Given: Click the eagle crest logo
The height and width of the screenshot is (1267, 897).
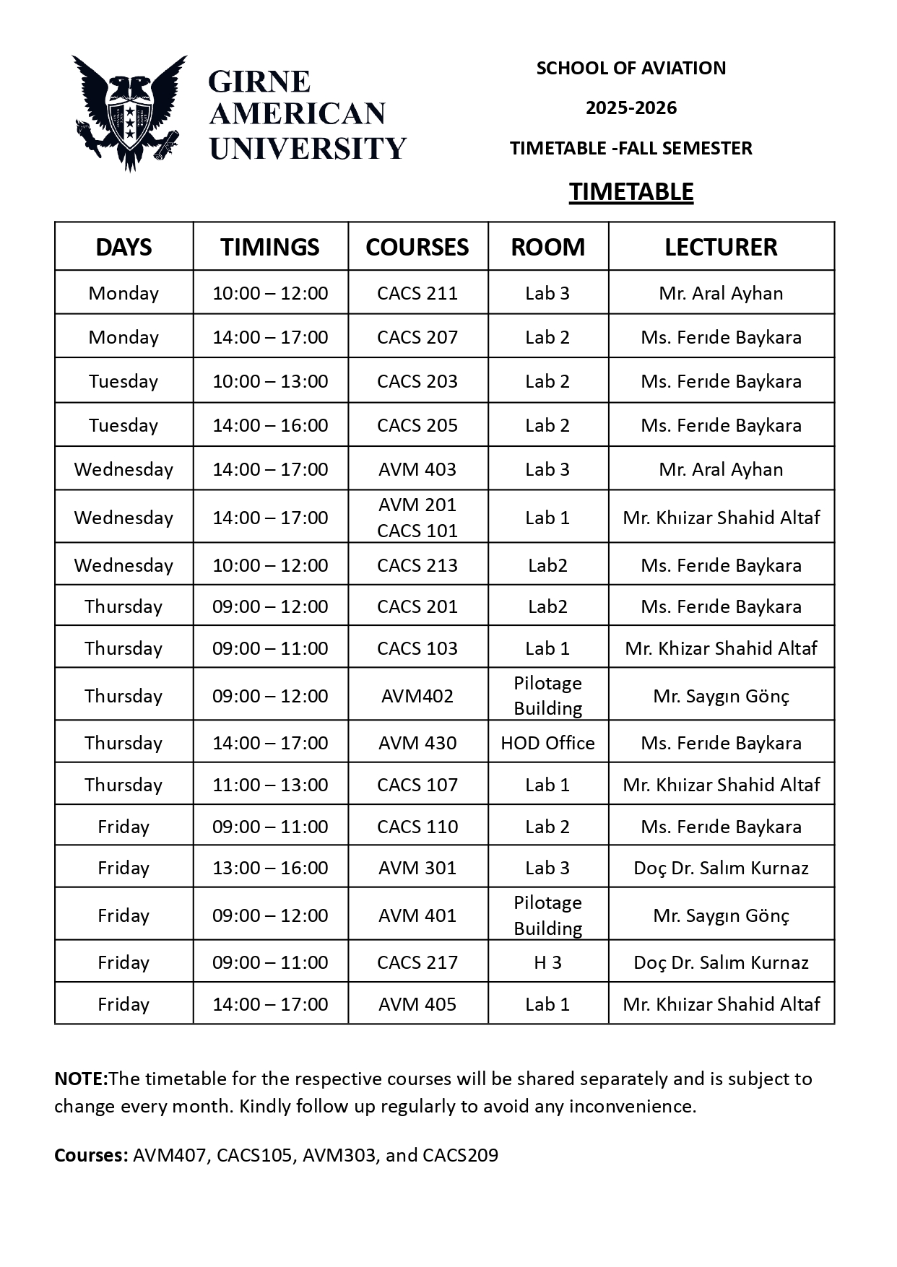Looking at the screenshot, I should (x=129, y=112).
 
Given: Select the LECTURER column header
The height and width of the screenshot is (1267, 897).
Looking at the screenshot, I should (x=721, y=247).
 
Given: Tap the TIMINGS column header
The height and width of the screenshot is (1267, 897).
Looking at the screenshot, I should (x=270, y=247).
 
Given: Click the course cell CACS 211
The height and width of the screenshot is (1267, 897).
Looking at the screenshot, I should (x=417, y=293).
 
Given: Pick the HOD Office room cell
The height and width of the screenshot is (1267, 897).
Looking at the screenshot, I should (x=547, y=743).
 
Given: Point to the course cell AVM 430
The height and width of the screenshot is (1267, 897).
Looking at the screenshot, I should (x=417, y=743).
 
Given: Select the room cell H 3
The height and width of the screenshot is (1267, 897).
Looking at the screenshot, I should (x=547, y=962).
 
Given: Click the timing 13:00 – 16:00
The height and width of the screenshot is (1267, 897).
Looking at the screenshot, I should (x=270, y=868).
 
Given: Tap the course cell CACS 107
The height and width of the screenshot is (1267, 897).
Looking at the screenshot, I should (x=417, y=785).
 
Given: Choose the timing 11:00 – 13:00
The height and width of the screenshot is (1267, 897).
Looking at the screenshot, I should (x=270, y=785).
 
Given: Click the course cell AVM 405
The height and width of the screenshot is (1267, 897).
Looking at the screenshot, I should (x=417, y=1004).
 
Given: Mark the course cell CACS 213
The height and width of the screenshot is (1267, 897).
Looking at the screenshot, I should (x=417, y=565).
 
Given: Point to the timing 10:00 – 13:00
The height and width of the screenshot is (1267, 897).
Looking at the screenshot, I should (x=270, y=381).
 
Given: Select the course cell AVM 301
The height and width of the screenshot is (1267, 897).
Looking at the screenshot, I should (x=417, y=868).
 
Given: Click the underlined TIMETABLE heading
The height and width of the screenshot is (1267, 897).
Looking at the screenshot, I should (x=631, y=192).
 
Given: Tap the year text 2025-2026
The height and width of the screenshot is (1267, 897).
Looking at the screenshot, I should (x=631, y=108).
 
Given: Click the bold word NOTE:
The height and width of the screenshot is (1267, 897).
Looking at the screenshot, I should (x=81, y=1079).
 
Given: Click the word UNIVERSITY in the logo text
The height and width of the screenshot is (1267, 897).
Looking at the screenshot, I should (x=308, y=149).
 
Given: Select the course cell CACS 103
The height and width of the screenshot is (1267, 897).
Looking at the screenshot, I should (x=417, y=648).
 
